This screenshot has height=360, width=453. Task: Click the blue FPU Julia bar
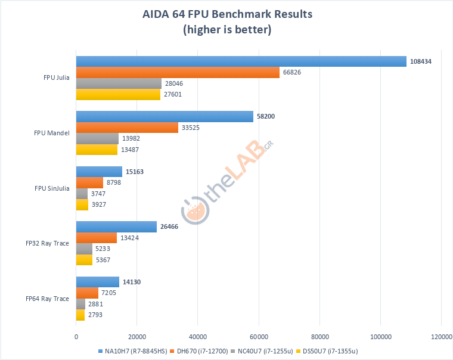(x=241, y=61)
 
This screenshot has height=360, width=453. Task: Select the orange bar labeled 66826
(x=178, y=72)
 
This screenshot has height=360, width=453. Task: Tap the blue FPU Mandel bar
(x=165, y=117)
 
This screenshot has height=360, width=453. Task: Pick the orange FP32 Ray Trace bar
(x=97, y=238)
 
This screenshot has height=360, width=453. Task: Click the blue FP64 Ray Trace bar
(x=98, y=283)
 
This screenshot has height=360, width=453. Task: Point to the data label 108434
(x=420, y=61)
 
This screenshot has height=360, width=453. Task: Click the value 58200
(x=266, y=117)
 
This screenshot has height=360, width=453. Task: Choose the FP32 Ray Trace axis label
(x=48, y=243)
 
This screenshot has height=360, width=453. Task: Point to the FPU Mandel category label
(x=52, y=132)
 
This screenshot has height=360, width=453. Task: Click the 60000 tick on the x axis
(x=259, y=336)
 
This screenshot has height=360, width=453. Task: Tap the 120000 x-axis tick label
(x=440, y=336)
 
